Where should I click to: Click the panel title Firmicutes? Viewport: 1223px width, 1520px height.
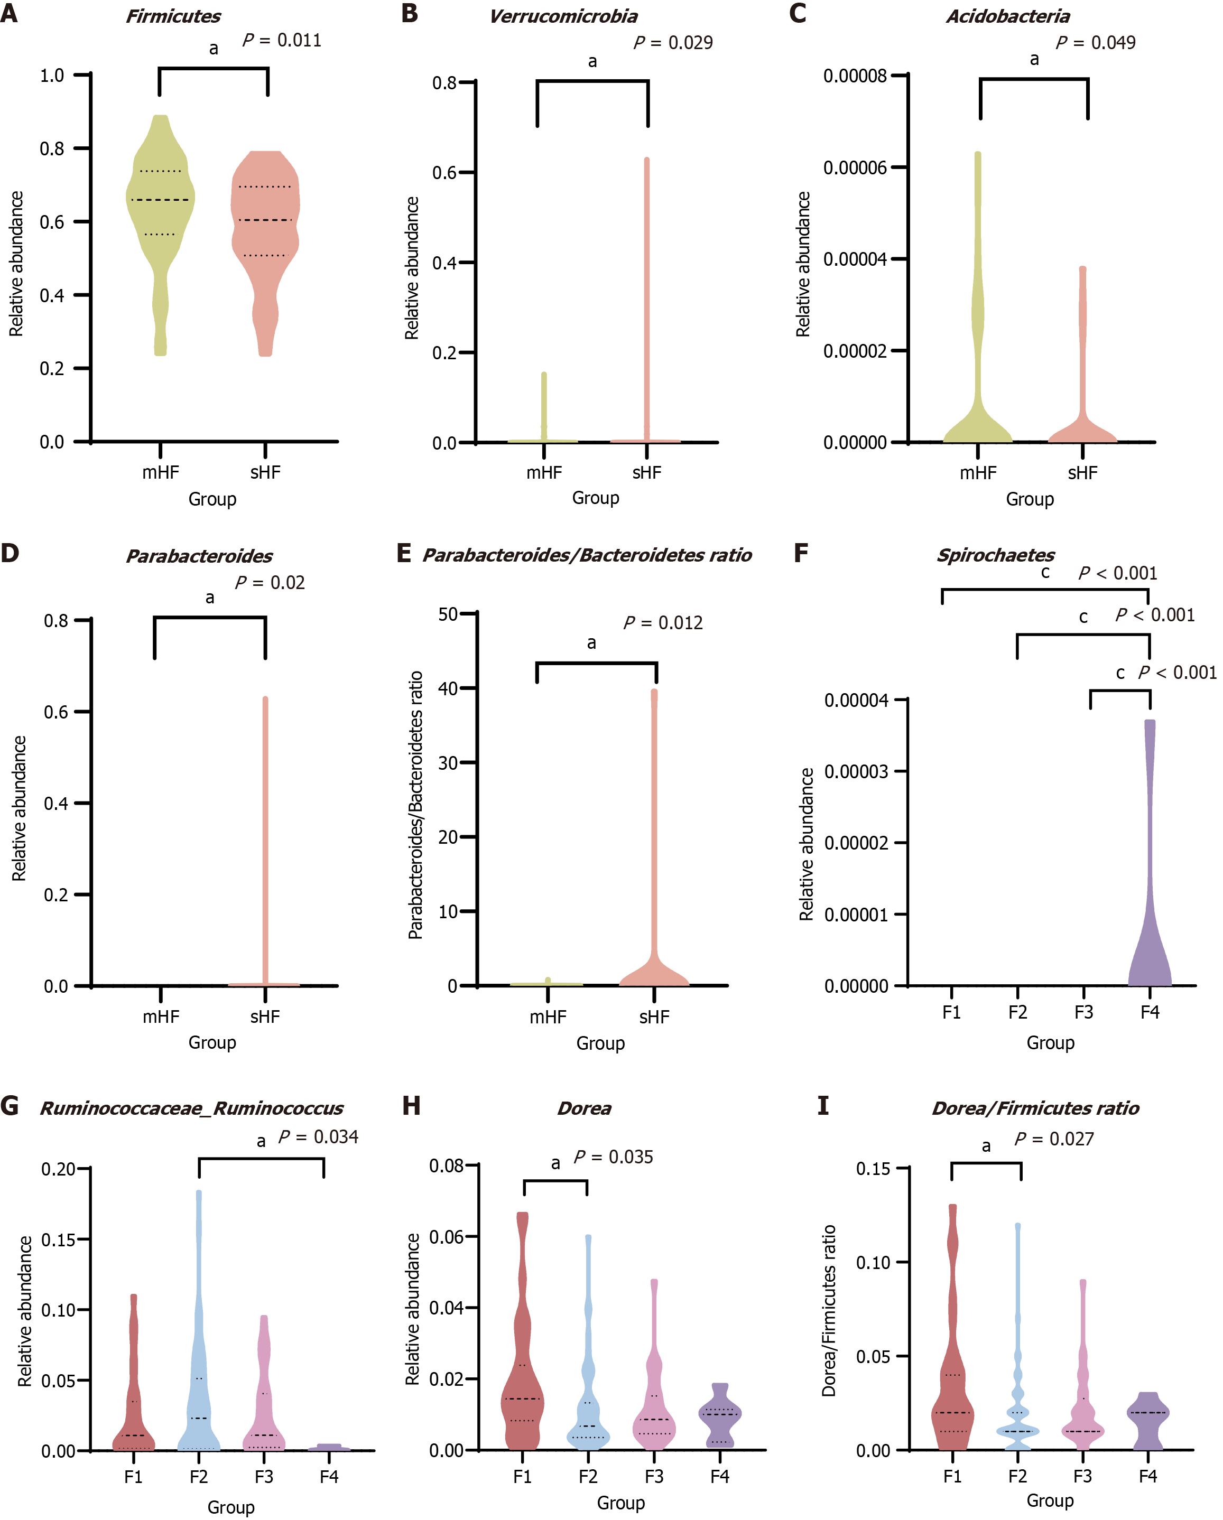point(173,16)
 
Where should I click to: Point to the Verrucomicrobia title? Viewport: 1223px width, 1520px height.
point(563,16)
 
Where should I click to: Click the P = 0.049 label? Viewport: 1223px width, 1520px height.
point(1095,43)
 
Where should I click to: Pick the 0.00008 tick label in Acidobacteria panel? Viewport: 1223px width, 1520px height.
point(855,76)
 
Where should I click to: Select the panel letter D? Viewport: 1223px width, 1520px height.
point(10,553)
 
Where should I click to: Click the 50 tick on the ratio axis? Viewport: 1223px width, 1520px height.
point(448,614)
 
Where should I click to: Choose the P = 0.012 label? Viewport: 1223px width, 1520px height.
point(663,622)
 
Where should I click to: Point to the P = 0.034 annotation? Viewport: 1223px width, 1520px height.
point(318,1136)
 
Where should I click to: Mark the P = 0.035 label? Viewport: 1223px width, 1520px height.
point(614,1157)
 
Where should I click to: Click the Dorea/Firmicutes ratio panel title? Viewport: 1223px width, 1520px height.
point(1035,1108)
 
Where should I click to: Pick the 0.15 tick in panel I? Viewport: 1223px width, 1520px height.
point(873,1168)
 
